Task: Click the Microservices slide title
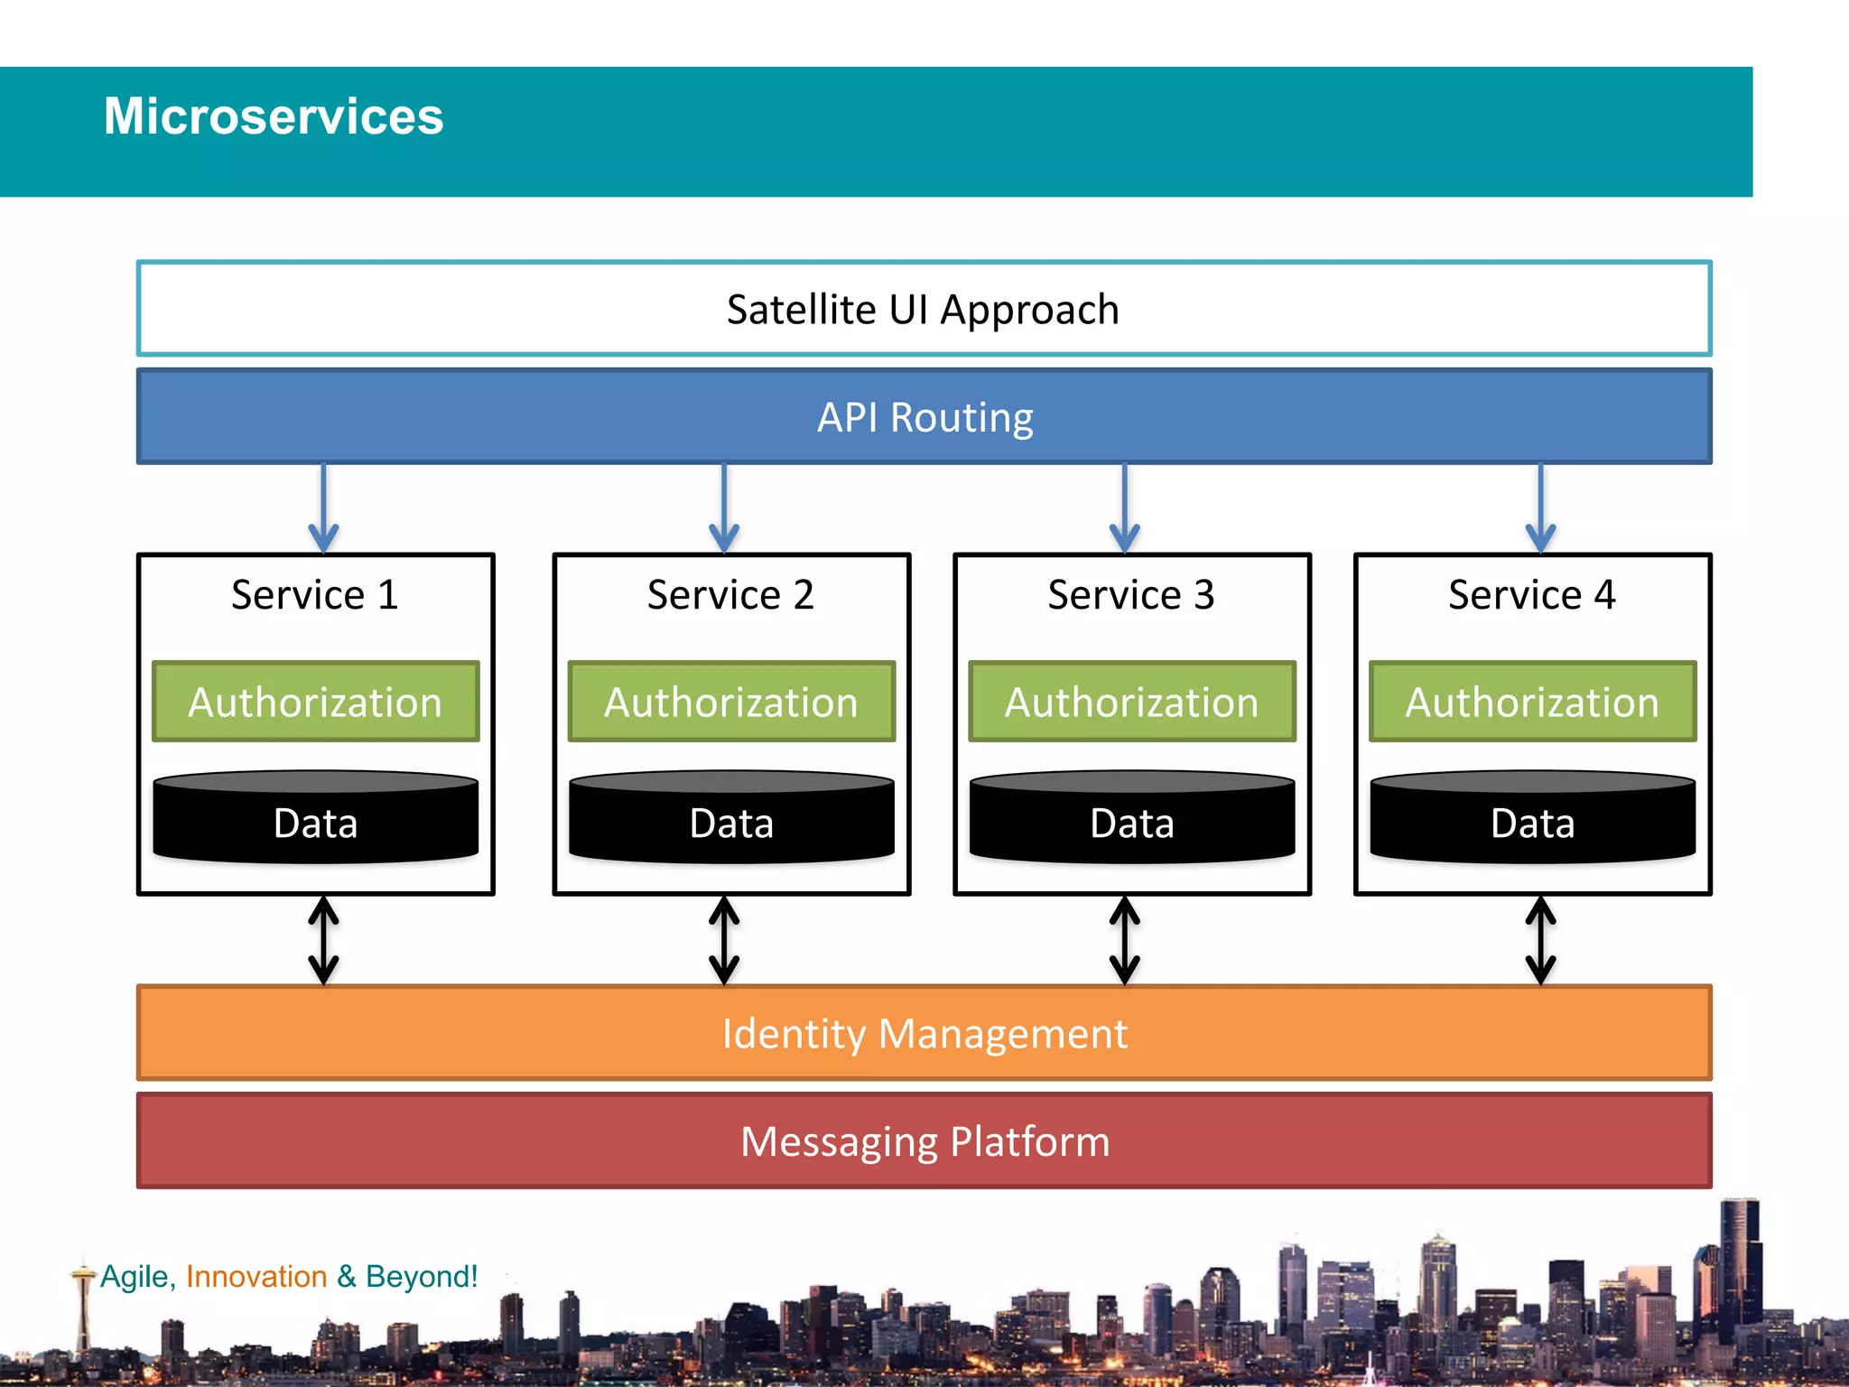[x=274, y=116]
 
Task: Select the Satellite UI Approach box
[x=923, y=309]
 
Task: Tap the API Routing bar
[x=924, y=417]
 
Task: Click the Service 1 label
[x=314, y=595]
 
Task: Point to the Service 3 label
[x=1130, y=595]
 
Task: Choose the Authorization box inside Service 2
[x=731, y=703]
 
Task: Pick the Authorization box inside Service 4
[x=1532, y=703]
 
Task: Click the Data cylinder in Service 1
[x=315, y=817]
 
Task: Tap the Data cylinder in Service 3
[x=1131, y=817]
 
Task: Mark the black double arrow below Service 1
[x=323, y=940]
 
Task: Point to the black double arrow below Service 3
[x=1124, y=940]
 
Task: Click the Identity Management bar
[x=924, y=1033]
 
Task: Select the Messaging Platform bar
[x=924, y=1141]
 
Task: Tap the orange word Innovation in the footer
[x=256, y=1277]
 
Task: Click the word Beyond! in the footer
[x=422, y=1277]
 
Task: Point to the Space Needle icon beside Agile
[x=84, y=1300]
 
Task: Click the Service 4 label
[x=1531, y=595]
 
